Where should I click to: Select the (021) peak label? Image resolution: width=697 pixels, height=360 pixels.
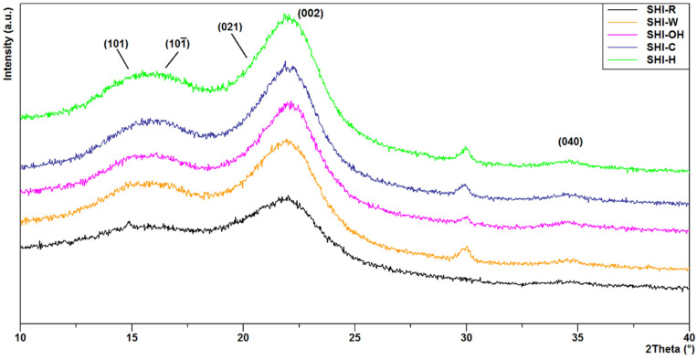pos(229,27)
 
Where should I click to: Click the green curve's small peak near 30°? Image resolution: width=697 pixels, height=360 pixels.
pos(466,148)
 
